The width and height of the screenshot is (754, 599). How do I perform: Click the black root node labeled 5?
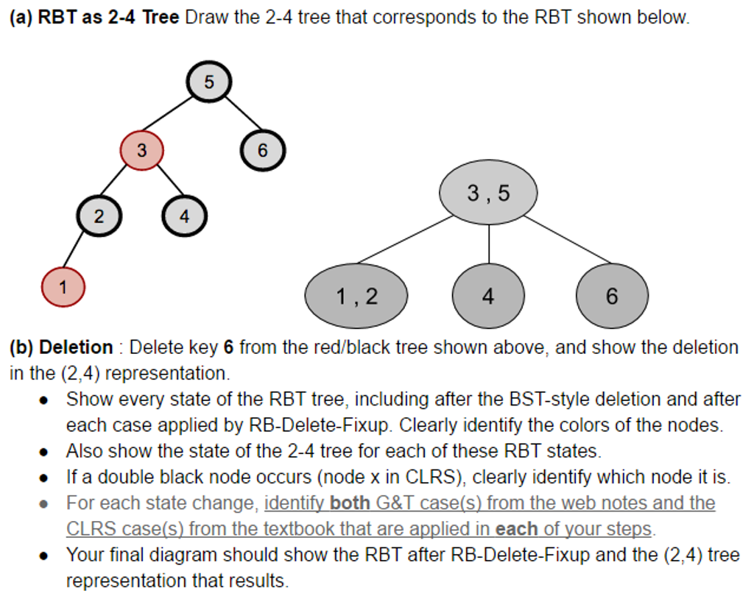[209, 82]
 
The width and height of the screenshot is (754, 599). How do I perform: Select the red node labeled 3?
[141, 150]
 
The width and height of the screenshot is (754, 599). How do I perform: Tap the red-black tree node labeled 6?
[262, 150]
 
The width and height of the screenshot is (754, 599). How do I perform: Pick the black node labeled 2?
[99, 217]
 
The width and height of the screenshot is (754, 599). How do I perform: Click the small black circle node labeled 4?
[184, 217]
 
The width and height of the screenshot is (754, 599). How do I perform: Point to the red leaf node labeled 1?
[63, 288]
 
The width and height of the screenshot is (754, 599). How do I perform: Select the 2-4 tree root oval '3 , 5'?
[488, 194]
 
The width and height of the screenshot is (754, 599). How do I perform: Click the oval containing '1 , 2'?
[356, 296]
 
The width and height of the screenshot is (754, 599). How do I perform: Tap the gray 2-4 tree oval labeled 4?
[488, 296]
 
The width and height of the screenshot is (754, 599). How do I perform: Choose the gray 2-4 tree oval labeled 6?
[612, 296]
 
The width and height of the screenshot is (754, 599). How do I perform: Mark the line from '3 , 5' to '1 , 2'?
[405, 239]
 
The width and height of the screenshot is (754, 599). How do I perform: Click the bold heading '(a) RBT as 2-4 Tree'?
[94, 17]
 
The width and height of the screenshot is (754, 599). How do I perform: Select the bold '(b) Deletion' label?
[61, 347]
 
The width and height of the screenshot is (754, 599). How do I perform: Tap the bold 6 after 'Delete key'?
[228, 347]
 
